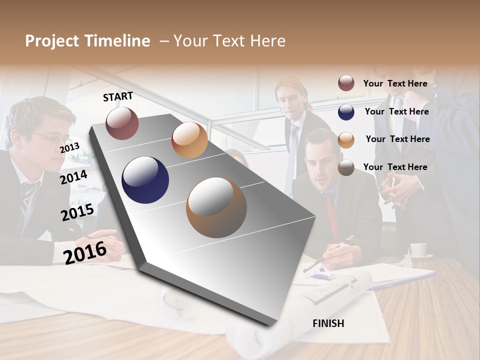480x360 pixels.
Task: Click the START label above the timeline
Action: pyautogui.click(x=118, y=96)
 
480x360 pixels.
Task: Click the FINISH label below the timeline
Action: pyautogui.click(x=328, y=323)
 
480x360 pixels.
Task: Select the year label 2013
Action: pyautogui.click(x=69, y=147)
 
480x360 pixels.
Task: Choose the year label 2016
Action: pyautogui.click(x=85, y=252)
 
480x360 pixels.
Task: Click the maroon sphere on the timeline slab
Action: pyautogui.click(x=122, y=123)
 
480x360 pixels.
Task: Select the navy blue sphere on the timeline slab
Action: pyautogui.click(x=145, y=180)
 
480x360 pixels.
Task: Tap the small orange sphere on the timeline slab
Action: pyautogui.click(x=189, y=140)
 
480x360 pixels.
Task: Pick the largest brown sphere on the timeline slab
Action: pyautogui.click(x=216, y=207)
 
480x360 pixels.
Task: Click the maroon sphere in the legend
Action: pyautogui.click(x=346, y=83)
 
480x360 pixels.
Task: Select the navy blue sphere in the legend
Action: pyautogui.click(x=346, y=112)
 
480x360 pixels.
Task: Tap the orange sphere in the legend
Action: pyautogui.click(x=346, y=140)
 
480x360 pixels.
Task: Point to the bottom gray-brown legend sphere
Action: pyautogui.click(x=346, y=167)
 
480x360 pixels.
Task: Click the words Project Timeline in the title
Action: pyautogui.click(x=87, y=41)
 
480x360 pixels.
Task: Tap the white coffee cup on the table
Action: pyautogui.click(x=418, y=249)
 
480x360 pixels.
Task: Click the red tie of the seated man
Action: pyautogui.click(x=331, y=215)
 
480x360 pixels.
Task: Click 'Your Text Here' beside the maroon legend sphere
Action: pyautogui.click(x=395, y=83)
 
